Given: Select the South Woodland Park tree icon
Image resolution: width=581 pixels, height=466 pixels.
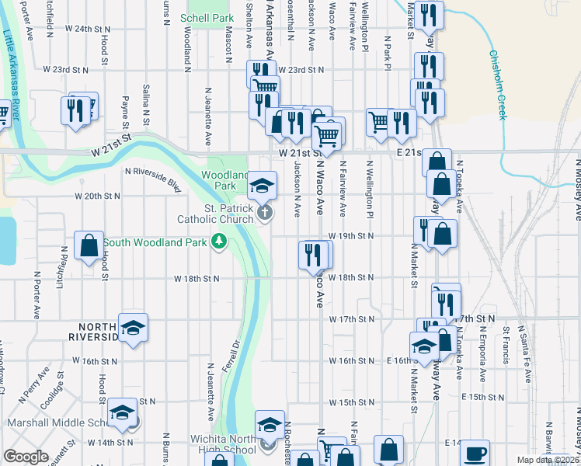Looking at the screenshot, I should point(220,242).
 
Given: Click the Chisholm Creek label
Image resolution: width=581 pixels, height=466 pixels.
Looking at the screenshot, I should point(497,85).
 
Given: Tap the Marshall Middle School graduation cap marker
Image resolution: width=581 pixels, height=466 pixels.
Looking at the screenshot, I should point(122,412).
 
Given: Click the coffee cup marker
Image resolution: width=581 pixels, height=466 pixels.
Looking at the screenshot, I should point(475,454).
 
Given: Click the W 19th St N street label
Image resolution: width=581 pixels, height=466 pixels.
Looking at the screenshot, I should point(350,235).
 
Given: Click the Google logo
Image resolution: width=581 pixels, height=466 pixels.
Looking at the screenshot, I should point(26,457).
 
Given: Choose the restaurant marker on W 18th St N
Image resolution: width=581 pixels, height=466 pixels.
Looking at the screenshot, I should point(314,256).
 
